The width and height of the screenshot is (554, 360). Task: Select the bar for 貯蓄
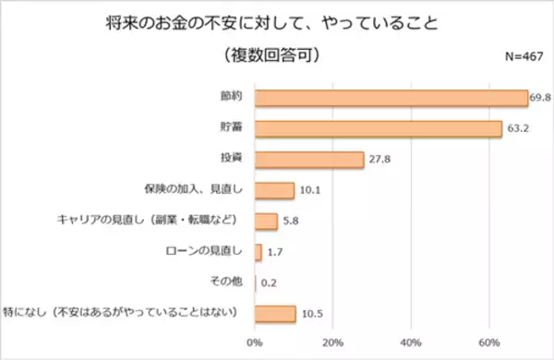378,128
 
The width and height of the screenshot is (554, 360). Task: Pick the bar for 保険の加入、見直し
274,191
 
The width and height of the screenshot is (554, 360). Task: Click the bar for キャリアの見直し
266,222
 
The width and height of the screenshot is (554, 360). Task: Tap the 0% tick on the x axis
255,342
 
